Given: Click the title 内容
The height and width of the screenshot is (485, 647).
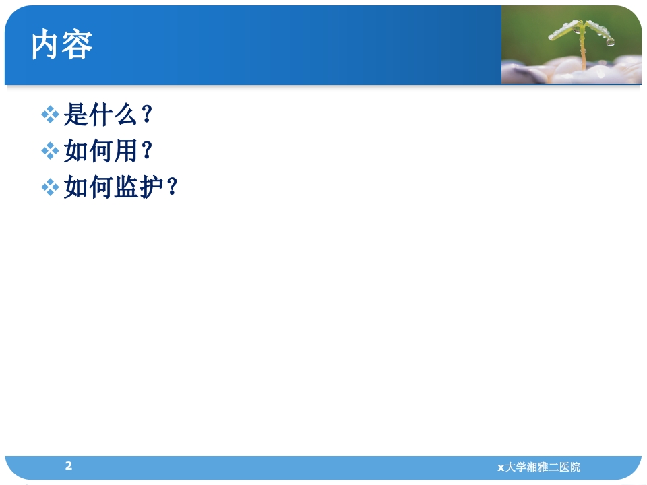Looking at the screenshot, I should pyautogui.click(x=62, y=45).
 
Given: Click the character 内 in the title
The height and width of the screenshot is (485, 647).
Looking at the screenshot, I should pyautogui.click(x=47, y=45).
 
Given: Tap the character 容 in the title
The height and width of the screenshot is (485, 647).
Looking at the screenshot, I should pyautogui.click(x=78, y=45).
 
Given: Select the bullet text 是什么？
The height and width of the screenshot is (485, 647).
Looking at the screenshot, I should pyautogui.click(x=109, y=116).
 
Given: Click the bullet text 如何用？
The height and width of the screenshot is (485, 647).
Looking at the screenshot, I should pyautogui.click(x=109, y=152).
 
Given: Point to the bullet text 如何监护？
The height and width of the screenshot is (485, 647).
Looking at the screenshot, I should pyautogui.click(x=121, y=188).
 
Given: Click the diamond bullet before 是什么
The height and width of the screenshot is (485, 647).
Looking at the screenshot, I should pyautogui.click(x=51, y=116).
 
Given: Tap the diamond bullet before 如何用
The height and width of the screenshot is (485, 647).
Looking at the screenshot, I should pyautogui.click(x=51, y=152).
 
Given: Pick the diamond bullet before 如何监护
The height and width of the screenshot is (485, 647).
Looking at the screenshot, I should pyautogui.click(x=51, y=188).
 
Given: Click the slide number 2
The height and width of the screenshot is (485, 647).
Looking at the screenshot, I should pyautogui.click(x=68, y=465).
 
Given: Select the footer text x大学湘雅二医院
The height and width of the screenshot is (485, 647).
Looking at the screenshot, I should pyautogui.click(x=538, y=467).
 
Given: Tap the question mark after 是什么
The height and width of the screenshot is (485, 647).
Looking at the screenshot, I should pyautogui.click(x=147, y=116).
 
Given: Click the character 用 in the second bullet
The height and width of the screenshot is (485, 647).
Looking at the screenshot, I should pyautogui.click(x=126, y=152).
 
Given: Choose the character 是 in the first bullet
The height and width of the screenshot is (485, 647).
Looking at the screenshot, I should pyautogui.click(x=75, y=116).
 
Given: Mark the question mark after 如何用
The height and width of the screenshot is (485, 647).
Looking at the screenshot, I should pyautogui.click(x=147, y=152).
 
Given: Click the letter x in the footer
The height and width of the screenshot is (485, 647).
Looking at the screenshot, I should pyautogui.click(x=500, y=467).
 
